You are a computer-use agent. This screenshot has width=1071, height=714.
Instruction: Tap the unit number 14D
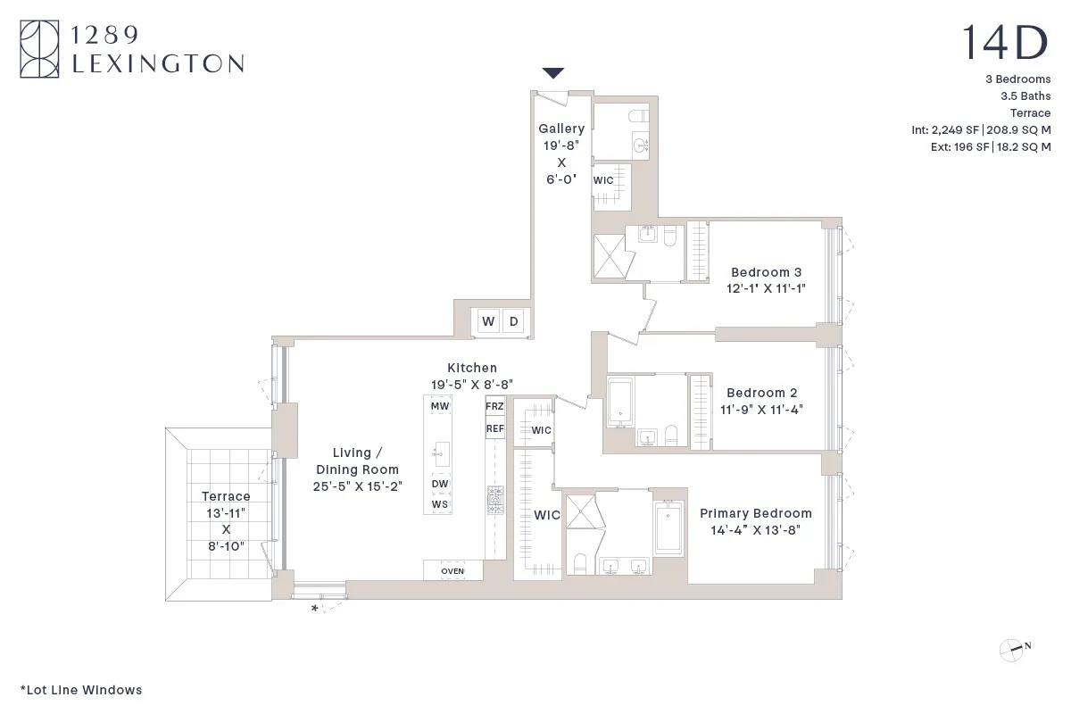1005,43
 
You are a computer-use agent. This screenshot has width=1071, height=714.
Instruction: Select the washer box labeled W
488,321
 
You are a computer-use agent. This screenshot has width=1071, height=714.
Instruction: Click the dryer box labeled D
513,321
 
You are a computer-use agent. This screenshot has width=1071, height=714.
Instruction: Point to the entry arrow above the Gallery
553,73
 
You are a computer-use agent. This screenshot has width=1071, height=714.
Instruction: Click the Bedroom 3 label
766,272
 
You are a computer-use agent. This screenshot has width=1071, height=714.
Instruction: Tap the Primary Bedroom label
755,513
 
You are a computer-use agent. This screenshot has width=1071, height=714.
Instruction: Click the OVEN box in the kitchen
452,570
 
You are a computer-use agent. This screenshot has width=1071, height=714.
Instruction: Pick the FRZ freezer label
494,406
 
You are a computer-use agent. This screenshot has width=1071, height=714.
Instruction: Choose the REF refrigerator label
494,428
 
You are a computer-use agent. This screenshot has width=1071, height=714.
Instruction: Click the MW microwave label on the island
439,406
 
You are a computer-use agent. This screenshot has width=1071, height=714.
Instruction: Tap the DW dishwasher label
439,485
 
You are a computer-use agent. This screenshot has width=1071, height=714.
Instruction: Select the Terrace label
226,496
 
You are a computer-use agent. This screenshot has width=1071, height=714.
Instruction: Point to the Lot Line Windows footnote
81,690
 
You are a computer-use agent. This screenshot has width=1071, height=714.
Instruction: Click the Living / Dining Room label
357,461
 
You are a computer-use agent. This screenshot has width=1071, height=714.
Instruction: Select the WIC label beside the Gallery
603,180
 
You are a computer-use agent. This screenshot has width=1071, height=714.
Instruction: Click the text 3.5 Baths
1025,95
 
